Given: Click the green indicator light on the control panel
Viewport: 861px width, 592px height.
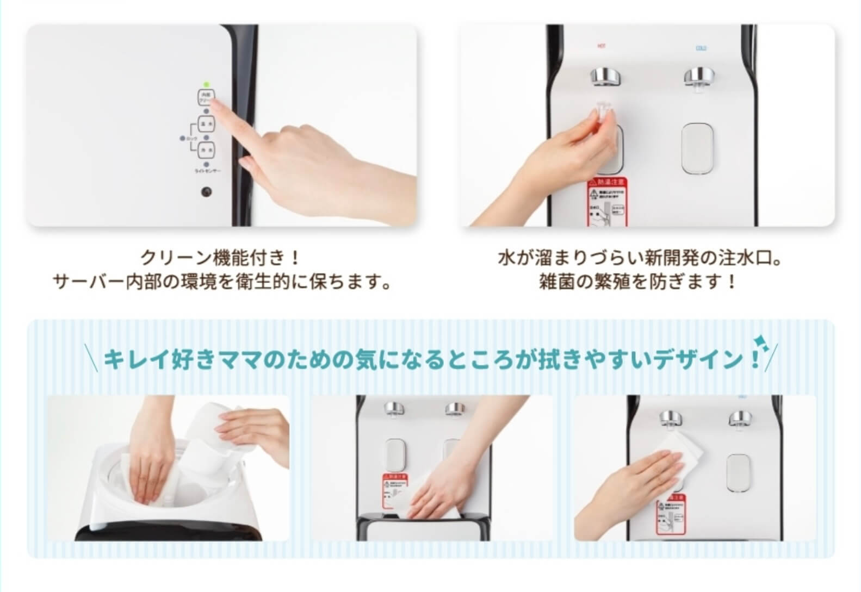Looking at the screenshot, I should (x=206, y=85).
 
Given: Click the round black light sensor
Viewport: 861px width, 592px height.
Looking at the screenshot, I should (x=206, y=192).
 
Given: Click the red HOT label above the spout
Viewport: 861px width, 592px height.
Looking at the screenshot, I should (x=601, y=47).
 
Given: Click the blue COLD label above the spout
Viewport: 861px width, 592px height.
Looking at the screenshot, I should (x=701, y=48).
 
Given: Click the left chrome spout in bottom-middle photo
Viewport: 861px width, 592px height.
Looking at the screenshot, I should (x=392, y=409).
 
